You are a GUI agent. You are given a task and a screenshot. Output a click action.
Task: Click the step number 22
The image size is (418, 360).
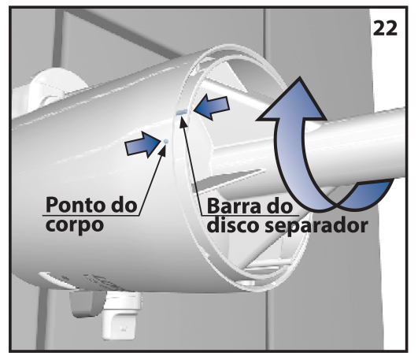point(385,28)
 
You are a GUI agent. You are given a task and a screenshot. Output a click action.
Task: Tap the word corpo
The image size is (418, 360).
point(74,226)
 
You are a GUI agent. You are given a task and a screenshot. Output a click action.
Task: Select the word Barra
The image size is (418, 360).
point(235,206)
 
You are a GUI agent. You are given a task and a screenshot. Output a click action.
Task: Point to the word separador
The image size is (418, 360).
point(316,226)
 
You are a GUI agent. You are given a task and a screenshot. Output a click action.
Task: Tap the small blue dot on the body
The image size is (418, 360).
point(166,141)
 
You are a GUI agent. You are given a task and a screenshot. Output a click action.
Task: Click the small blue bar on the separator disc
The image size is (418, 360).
point(182,113)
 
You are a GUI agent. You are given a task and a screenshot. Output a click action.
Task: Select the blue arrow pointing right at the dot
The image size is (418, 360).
point(142,144)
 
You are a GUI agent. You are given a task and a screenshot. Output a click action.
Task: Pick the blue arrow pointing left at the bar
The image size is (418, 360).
point(212,108)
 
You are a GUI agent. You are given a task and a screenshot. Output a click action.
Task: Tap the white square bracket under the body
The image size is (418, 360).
point(121,316)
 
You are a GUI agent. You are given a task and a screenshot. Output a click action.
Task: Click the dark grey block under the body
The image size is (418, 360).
point(87,304)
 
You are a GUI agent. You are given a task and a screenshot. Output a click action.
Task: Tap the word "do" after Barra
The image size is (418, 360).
point(280,206)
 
